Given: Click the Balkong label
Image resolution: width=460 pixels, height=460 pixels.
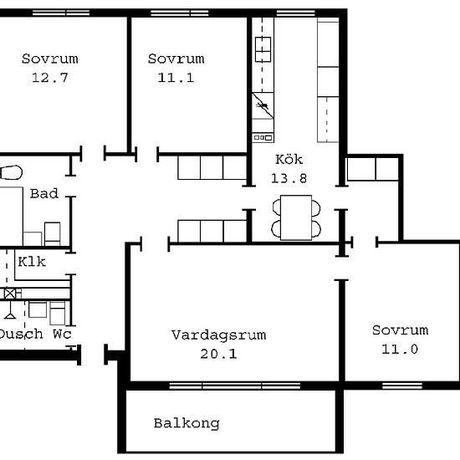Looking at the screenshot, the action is tap(187, 423).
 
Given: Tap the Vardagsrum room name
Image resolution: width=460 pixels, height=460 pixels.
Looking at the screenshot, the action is tap(219, 335).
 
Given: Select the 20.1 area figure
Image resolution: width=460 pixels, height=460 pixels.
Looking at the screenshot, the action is tap(218, 354).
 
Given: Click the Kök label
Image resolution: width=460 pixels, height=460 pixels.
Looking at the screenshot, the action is tap(289, 159).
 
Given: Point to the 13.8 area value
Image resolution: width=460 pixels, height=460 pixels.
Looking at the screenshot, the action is tap(289, 178).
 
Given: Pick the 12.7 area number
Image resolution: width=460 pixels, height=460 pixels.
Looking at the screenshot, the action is tap(50, 78).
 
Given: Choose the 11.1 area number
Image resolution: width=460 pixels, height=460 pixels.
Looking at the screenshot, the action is tap(176, 78).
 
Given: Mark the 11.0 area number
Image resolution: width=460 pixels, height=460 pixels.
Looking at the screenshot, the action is tap(400, 349).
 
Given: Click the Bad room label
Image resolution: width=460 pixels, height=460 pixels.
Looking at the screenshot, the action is tap(44, 194).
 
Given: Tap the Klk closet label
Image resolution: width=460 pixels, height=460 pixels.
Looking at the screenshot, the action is tap(32, 262).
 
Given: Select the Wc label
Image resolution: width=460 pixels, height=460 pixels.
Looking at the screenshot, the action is tap(62, 334).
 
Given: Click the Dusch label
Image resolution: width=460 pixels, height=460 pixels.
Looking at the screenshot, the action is tap(20, 335).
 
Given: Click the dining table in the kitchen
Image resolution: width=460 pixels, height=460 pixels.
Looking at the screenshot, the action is tap(296, 217).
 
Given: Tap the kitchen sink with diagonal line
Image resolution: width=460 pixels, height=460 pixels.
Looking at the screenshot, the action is tap(263, 105).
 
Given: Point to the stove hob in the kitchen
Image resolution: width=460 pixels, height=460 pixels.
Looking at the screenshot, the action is tap(263, 49).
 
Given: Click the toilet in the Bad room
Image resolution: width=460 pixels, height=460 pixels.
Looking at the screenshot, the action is tap(11, 172).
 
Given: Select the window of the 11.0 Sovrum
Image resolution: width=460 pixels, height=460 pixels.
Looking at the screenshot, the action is tap(402, 386).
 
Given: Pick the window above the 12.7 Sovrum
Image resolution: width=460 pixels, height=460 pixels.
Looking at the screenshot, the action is tap(61, 13).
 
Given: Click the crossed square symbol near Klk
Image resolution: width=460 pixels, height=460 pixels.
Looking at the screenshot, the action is tap(10, 294).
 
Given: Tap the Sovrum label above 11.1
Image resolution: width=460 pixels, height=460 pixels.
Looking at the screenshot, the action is tap(176, 59).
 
